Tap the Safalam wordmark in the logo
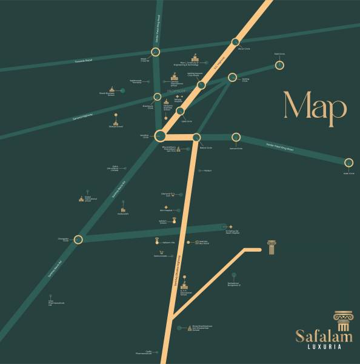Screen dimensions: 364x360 pyautogui.click(x=322, y=335)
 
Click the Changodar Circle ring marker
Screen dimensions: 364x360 pyautogui.click(x=78, y=240)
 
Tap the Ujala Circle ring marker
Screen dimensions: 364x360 pyautogui.click(x=180, y=111)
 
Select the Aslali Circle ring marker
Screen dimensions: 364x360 pyautogui.click(x=348, y=163)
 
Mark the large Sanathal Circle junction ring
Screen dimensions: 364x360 pyautogui.click(x=160, y=135)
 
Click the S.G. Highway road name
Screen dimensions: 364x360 pyautogui.click(x=219, y=61)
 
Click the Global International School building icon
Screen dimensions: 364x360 pyautogui.click(x=81, y=198)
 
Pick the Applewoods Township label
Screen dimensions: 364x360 pyautogui.click(x=135, y=81)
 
